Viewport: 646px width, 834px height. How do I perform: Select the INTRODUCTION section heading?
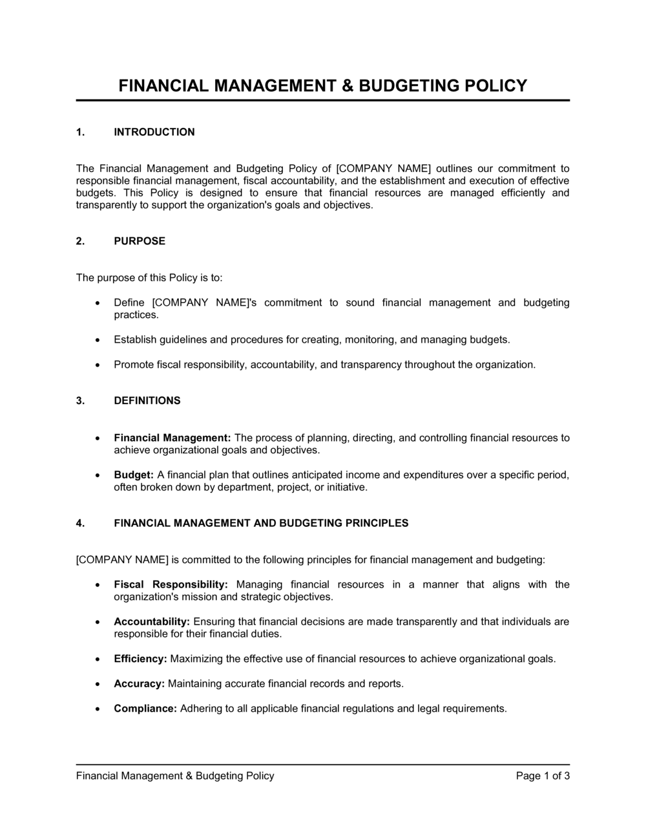coord(154,133)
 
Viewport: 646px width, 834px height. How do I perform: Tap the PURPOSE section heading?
coord(140,241)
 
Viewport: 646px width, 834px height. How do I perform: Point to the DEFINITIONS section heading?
coord(147,401)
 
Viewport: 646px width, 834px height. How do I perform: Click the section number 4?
coord(80,523)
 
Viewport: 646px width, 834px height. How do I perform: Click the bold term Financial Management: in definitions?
coord(172,438)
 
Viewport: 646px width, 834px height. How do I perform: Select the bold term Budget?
coord(134,475)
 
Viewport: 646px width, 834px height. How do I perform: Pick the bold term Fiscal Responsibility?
coord(171,584)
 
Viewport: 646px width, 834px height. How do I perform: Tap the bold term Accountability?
coord(152,622)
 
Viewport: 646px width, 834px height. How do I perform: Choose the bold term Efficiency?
coord(140,659)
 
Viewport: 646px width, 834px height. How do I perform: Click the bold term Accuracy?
coord(139,683)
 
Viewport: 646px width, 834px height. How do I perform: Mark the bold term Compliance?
coord(145,709)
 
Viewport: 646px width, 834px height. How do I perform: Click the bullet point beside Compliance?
coord(97,709)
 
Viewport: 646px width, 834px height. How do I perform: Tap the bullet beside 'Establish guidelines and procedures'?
coord(97,339)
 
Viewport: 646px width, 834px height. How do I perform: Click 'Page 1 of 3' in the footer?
coord(543,776)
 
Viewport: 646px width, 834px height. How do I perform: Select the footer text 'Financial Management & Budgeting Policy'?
coord(175,776)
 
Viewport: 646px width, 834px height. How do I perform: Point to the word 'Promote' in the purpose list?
coord(133,365)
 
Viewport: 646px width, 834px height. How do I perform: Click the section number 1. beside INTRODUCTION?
coord(80,133)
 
